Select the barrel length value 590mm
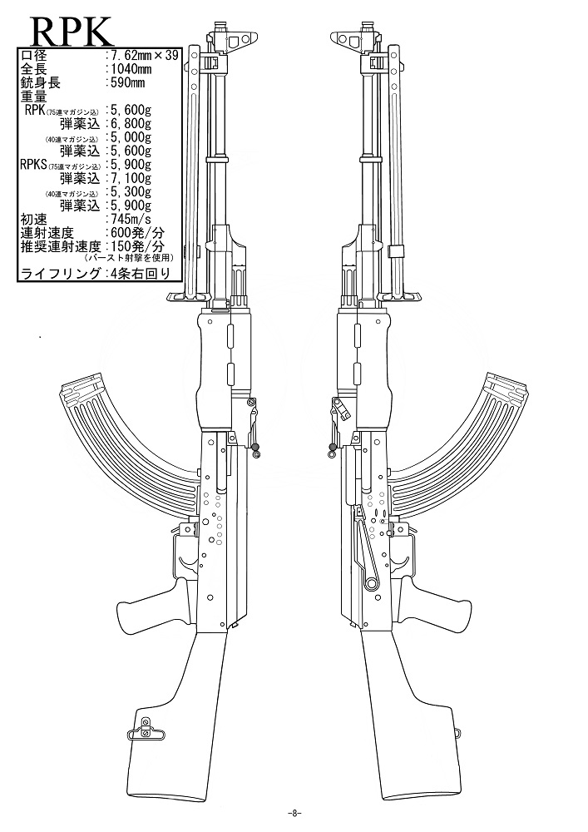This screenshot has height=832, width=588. point(126,82)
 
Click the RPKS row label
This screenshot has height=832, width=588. point(34,165)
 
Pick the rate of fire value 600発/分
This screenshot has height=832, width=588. point(136,233)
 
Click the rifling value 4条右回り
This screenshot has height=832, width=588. point(139,273)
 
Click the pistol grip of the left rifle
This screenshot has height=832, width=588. point(151,605)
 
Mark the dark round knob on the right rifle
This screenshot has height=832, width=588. point(333,447)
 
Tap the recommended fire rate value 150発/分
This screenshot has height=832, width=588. point(136,246)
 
